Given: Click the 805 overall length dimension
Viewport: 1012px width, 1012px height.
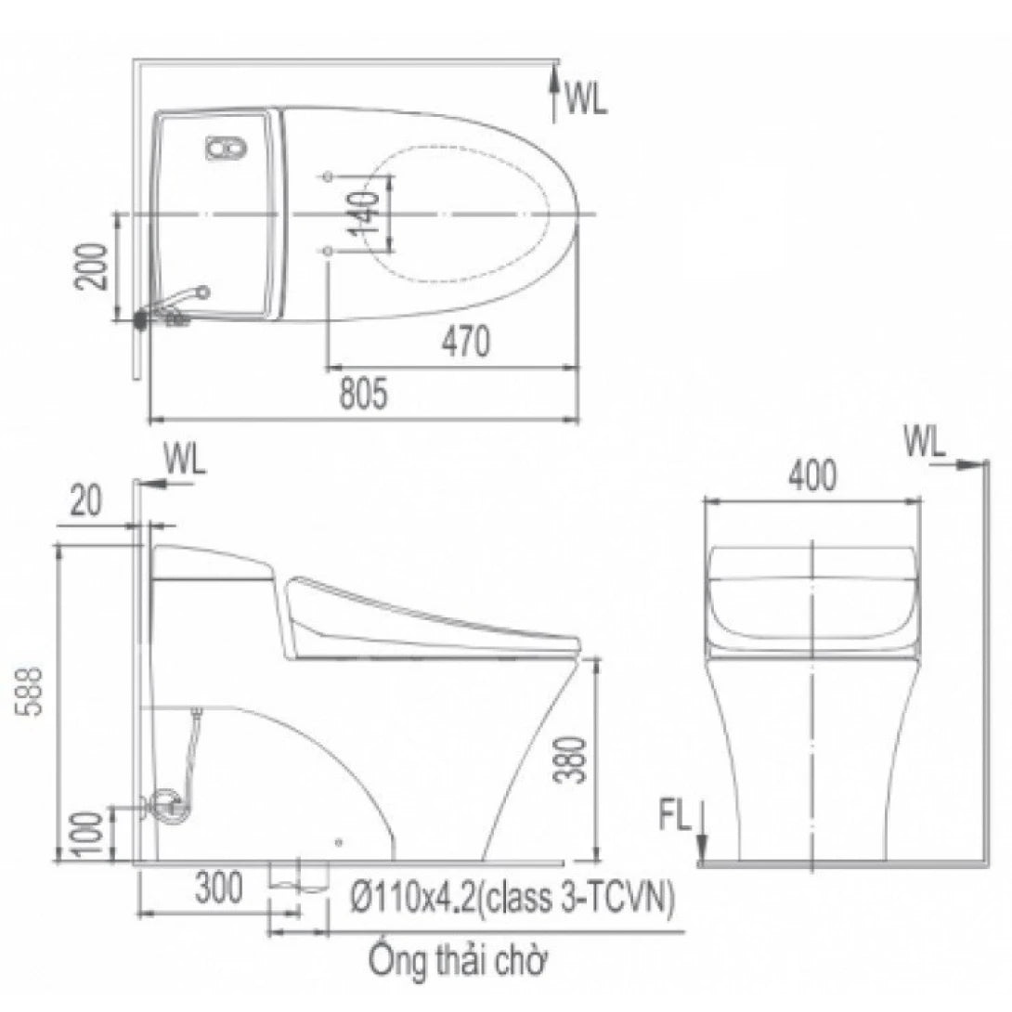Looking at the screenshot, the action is (363, 395).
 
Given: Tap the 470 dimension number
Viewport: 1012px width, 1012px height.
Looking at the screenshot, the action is (466, 341).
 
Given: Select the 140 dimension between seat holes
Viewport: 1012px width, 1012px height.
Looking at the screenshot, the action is (365, 213).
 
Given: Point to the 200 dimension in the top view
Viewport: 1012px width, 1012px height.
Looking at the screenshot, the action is (90, 266).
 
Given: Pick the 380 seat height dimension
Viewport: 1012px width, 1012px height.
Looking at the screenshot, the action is (571, 759).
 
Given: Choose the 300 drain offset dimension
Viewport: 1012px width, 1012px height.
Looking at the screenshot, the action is (219, 888).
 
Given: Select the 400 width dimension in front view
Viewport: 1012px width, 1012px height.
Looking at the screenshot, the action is (813, 475).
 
